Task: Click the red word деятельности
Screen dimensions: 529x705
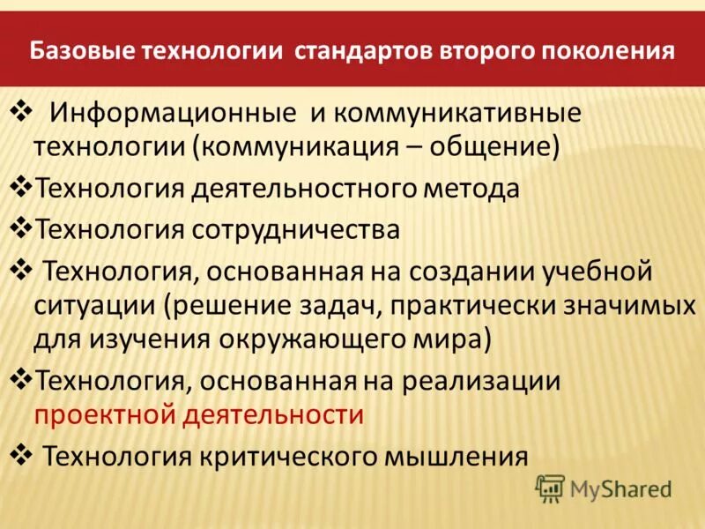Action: tap(272, 414)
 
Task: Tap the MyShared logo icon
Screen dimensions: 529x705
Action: tap(550, 487)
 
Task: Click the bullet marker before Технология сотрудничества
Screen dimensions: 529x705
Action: tap(20, 227)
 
